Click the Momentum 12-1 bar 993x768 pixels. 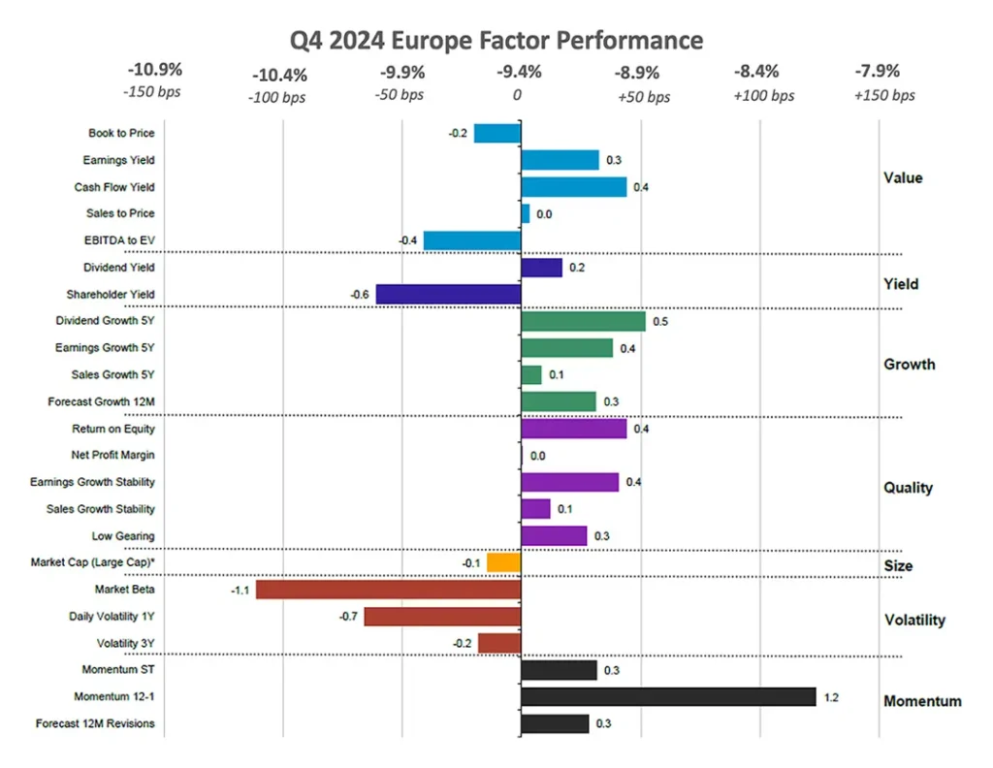tap(668, 697)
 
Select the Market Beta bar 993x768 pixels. tap(388, 591)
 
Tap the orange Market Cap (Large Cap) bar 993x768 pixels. tap(504, 562)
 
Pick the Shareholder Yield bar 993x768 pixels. tap(448, 295)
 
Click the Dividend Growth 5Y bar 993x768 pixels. tap(583, 322)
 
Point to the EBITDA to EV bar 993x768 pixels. tap(472, 240)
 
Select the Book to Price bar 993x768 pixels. tap(497, 134)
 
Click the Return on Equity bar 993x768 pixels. tap(574, 429)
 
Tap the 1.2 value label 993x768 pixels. tap(831, 698)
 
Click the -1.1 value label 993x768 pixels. tap(240, 591)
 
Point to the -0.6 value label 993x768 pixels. tap(360, 295)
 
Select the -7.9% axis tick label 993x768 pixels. tap(877, 71)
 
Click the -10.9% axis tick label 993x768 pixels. tap(155, 69)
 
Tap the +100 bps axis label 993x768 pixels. tap(764, 96)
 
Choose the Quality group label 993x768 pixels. tap(908, 488)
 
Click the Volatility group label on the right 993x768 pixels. tap(914, 620)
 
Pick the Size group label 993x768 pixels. tap(898, 566)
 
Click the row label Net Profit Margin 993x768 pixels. tap(112, 455)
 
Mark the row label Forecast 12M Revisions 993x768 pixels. tap(95, 723)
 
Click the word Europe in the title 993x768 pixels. tap(432, 41)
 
